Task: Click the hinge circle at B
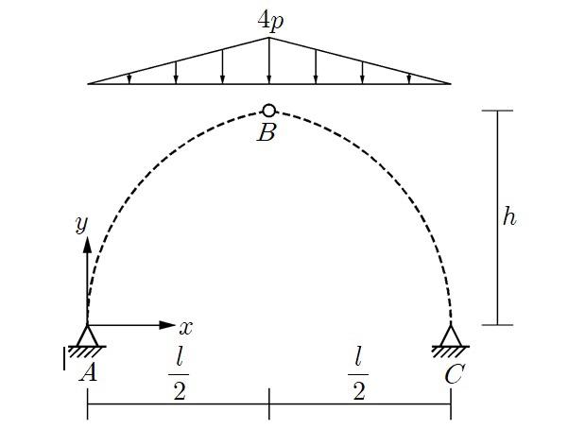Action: [x=269, y=111]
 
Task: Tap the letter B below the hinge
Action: [x=267, y=133]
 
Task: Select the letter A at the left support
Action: [x=88, y=373]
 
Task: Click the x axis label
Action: [x=186, y=328]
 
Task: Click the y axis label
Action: [x=81, y=224]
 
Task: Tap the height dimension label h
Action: [x=509, y=216]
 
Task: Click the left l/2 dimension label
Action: [x=179, y=372]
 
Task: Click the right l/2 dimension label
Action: [x=359, y=372]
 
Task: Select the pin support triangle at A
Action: [x=87, y=336]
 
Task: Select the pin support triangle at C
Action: [x=451, y=335]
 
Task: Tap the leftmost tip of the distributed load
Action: [x=89, y=83]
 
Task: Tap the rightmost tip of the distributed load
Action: [x=450, y=83]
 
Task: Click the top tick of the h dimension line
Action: [x=498, y=111]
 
